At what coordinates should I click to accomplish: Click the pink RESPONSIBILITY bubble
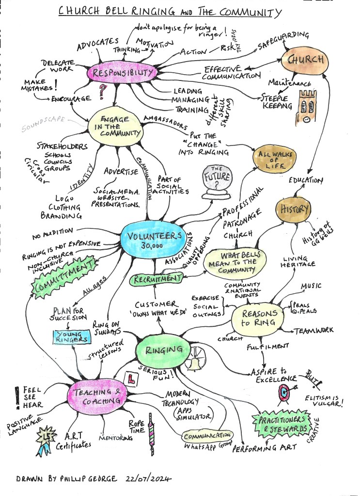(122, 74)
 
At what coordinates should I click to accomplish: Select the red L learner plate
(129, 376)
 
